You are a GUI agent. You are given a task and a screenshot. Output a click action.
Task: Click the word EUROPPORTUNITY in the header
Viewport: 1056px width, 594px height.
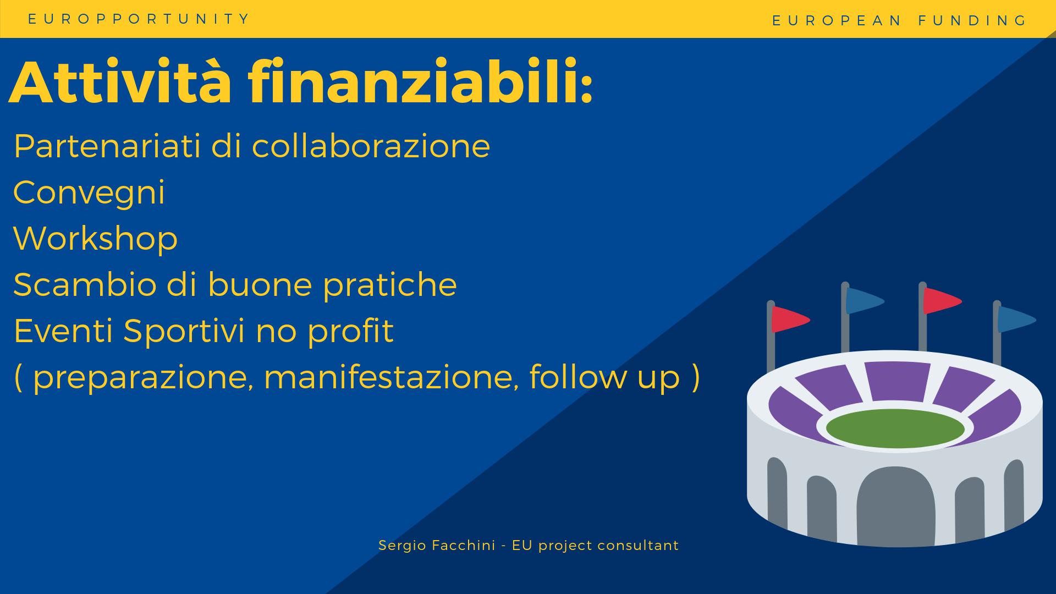[139, 19]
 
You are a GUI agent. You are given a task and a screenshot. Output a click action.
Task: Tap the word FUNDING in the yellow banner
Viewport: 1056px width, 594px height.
[972, 21]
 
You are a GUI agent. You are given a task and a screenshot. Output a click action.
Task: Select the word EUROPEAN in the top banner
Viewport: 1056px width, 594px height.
[836, 21]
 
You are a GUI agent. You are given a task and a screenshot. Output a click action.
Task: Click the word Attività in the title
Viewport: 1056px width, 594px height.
[120, 82]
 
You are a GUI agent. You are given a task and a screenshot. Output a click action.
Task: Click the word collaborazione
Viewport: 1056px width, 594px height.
[371, 146]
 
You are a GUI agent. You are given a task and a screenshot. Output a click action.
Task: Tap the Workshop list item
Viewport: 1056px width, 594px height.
[95, 239]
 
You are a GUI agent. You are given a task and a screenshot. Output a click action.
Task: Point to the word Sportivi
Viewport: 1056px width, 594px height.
[184, 331]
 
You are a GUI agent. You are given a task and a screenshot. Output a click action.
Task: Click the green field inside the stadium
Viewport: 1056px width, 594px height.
[895, 428]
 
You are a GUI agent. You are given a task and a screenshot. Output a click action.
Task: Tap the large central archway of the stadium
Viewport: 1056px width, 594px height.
[895, 507]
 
